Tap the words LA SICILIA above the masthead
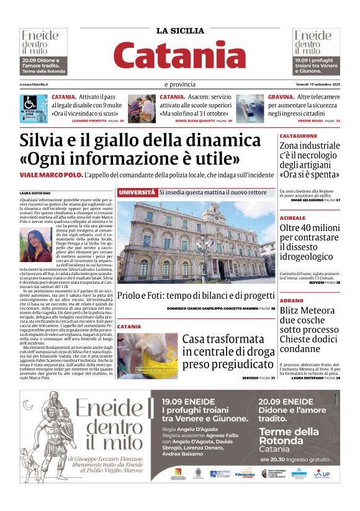click(x=179, y=30)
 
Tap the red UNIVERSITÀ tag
click(x=137, y=192)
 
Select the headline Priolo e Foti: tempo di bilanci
click(x=196, y=296)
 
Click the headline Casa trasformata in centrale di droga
click(x=227, y=353)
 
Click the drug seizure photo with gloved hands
click(x=147, y=356)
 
